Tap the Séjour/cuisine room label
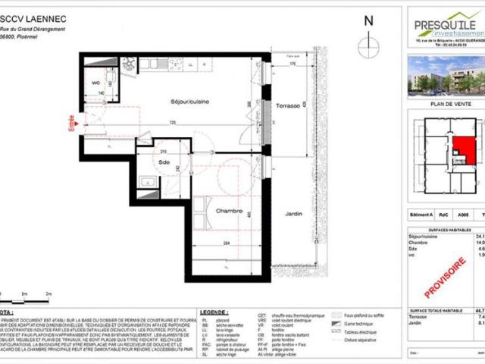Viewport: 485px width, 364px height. coord(188,101)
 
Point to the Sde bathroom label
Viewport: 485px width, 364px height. coord(164,162)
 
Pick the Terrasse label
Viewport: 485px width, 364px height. coord(289,105)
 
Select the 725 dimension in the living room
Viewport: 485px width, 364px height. coord(173,123)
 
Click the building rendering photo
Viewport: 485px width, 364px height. coord(446,76)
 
